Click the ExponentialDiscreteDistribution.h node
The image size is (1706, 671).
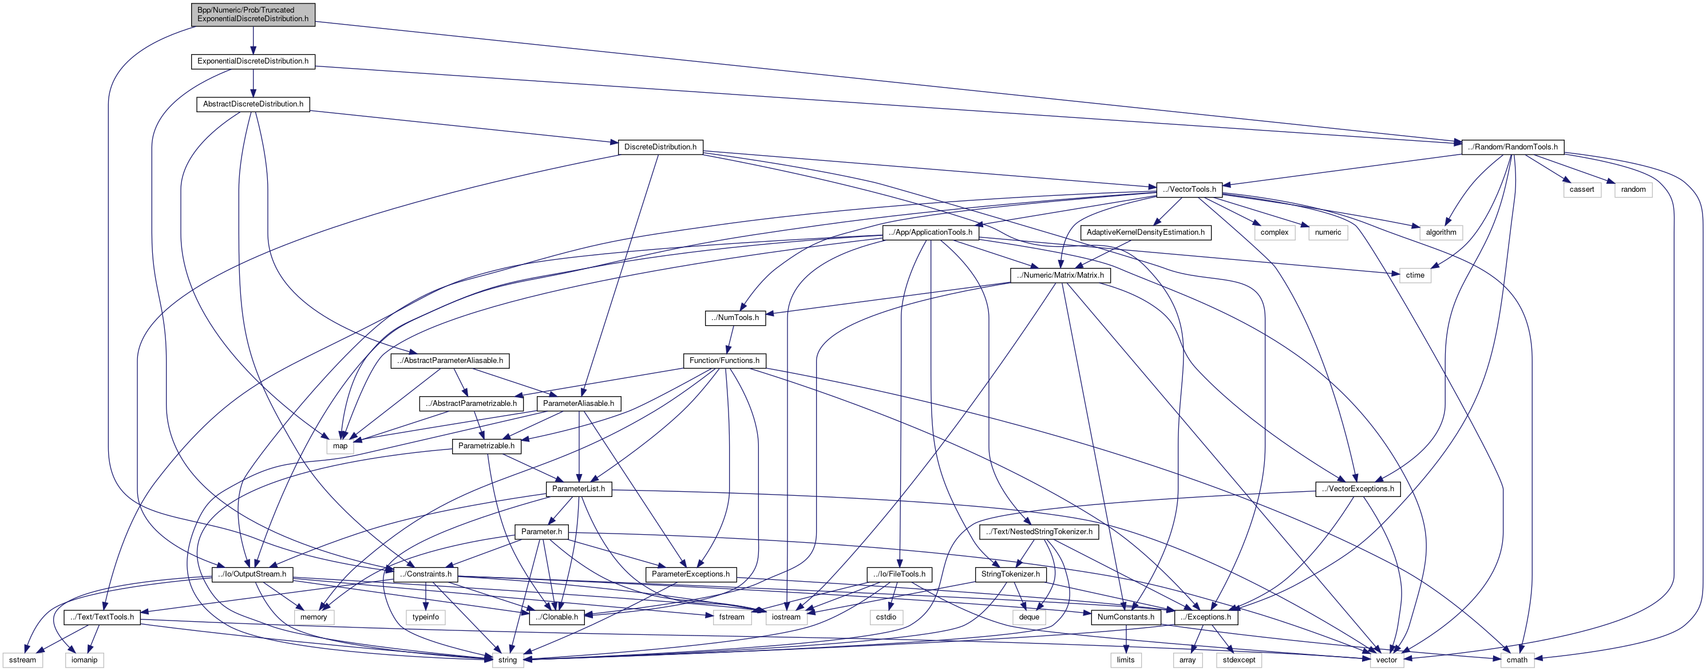pos(253,61)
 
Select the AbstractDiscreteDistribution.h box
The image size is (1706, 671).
pos(253,104)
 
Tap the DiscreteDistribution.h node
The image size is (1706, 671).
pos(660,147)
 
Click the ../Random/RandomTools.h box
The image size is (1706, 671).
pos(1513,147)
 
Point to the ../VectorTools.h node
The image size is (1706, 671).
pos(1189,190)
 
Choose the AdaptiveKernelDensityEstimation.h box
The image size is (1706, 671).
pos(1145,232)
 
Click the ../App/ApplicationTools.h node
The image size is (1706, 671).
pos(931,232)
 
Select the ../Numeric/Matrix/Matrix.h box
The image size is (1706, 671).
pos(1060,275)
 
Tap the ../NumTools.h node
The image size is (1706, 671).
pos(735,318)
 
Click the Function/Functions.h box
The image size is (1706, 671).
pos(725,360)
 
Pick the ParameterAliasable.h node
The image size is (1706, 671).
pos(578,404)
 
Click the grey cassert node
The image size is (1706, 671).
pos(1581,190)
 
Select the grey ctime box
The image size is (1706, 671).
pos(1415,275)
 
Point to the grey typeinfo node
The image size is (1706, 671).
pos(425,617)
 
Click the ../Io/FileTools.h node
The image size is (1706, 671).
pos(898,574)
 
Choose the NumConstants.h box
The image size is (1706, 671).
pos(1125,617)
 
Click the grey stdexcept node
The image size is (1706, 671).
pos(1238,660)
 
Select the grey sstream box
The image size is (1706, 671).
pos(22,660)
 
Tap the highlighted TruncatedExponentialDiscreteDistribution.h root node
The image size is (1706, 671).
pos(253,14)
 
